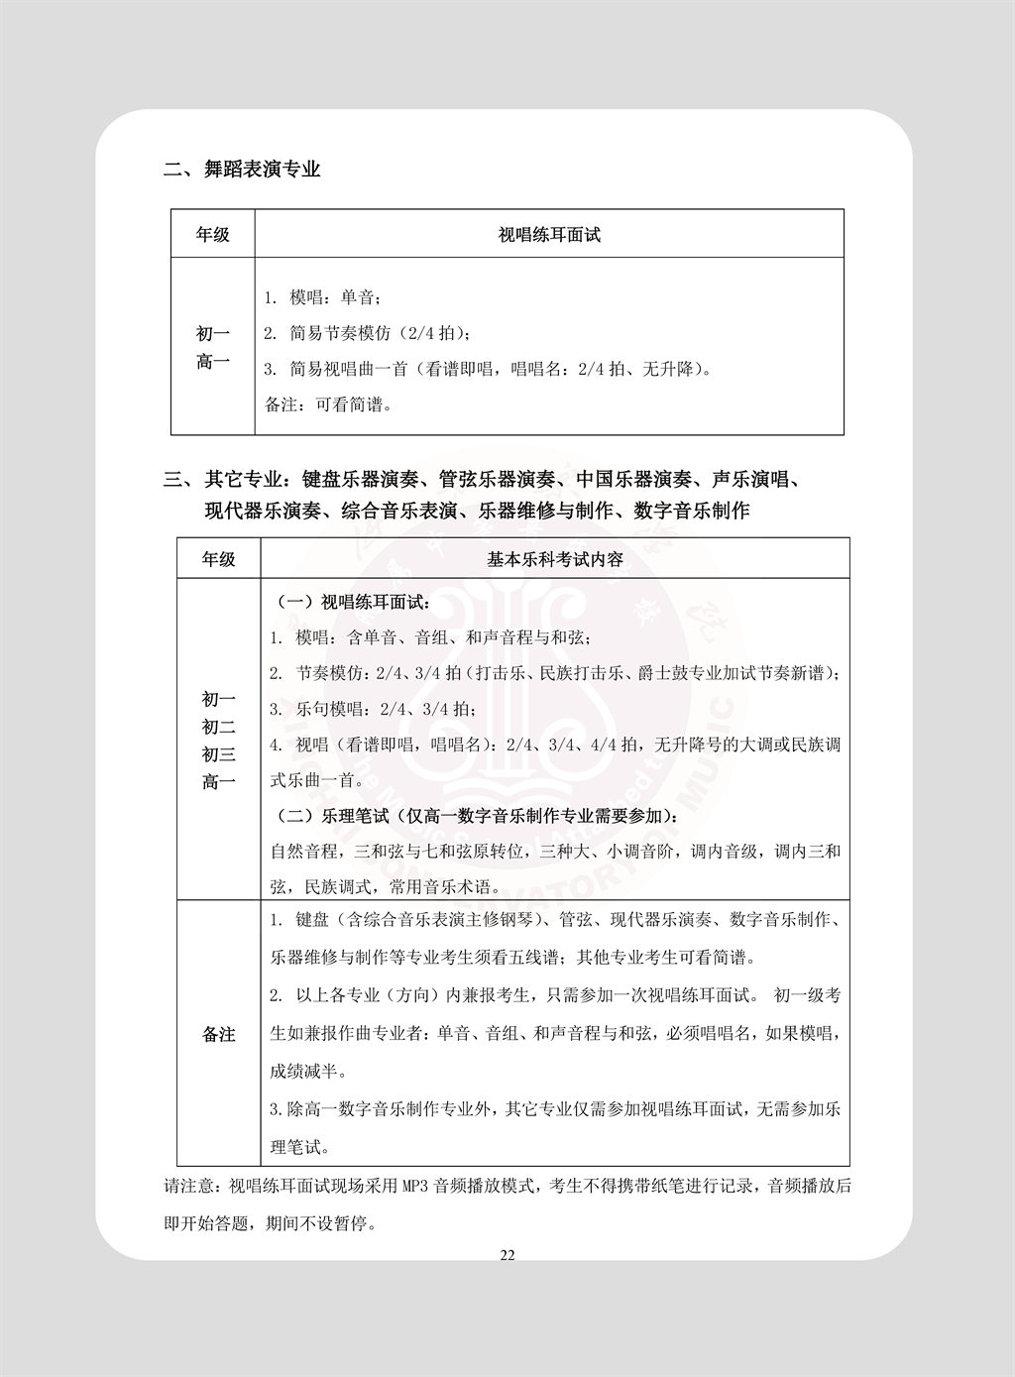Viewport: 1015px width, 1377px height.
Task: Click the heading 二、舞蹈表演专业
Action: [242, 170]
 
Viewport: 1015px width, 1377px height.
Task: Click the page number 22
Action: [507, 1255]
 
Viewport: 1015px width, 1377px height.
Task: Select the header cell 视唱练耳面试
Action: [549, 235]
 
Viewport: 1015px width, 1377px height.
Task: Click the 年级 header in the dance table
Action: [212, 235]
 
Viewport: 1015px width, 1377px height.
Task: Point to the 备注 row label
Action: [218, 1034]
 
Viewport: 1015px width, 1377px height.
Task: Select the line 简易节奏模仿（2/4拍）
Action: [367, 333]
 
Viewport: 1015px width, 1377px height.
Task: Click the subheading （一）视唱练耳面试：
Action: [350, 602]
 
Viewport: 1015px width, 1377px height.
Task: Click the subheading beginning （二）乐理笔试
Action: [476, 818]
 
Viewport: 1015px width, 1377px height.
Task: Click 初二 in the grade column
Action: [218, 728]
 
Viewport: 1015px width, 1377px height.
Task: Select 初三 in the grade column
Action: [218, 755]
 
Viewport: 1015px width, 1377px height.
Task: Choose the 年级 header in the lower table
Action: [218, 559]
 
